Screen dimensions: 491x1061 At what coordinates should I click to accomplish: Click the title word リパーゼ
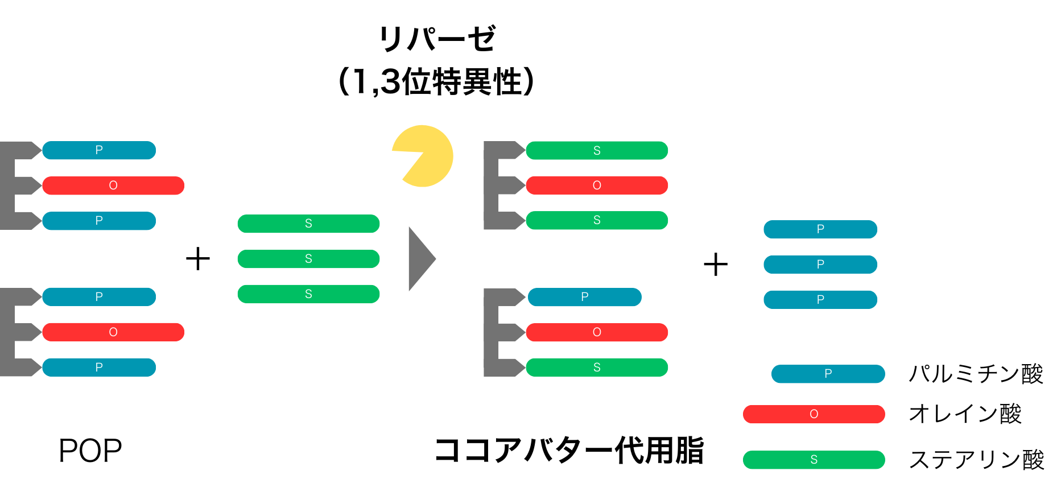437,39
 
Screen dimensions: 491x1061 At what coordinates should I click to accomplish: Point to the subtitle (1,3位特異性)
436,81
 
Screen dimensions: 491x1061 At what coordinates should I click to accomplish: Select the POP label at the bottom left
90,451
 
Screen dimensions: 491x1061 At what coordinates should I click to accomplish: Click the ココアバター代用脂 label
569,451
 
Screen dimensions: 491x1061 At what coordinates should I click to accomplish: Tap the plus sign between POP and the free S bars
198,259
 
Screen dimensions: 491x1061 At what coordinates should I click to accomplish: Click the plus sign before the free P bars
716,265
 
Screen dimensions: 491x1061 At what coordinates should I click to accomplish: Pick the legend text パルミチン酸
976,374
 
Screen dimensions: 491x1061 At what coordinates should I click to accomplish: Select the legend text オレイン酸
965,414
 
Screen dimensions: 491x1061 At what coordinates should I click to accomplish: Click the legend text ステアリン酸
976,460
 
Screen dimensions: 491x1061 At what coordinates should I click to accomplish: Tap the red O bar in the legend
814,414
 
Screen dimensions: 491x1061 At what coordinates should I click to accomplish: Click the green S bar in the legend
814,460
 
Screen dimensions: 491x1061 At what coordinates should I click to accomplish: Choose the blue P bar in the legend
828,374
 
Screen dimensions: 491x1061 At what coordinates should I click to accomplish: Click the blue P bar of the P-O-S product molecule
584,297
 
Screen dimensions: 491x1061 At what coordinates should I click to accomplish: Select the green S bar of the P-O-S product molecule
596,368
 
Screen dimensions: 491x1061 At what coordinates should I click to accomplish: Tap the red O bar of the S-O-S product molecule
596,185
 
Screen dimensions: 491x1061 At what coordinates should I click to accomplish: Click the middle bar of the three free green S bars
308,259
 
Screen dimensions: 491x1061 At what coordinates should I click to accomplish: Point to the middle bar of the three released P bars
820,265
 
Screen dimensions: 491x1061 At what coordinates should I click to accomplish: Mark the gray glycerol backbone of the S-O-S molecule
492,185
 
